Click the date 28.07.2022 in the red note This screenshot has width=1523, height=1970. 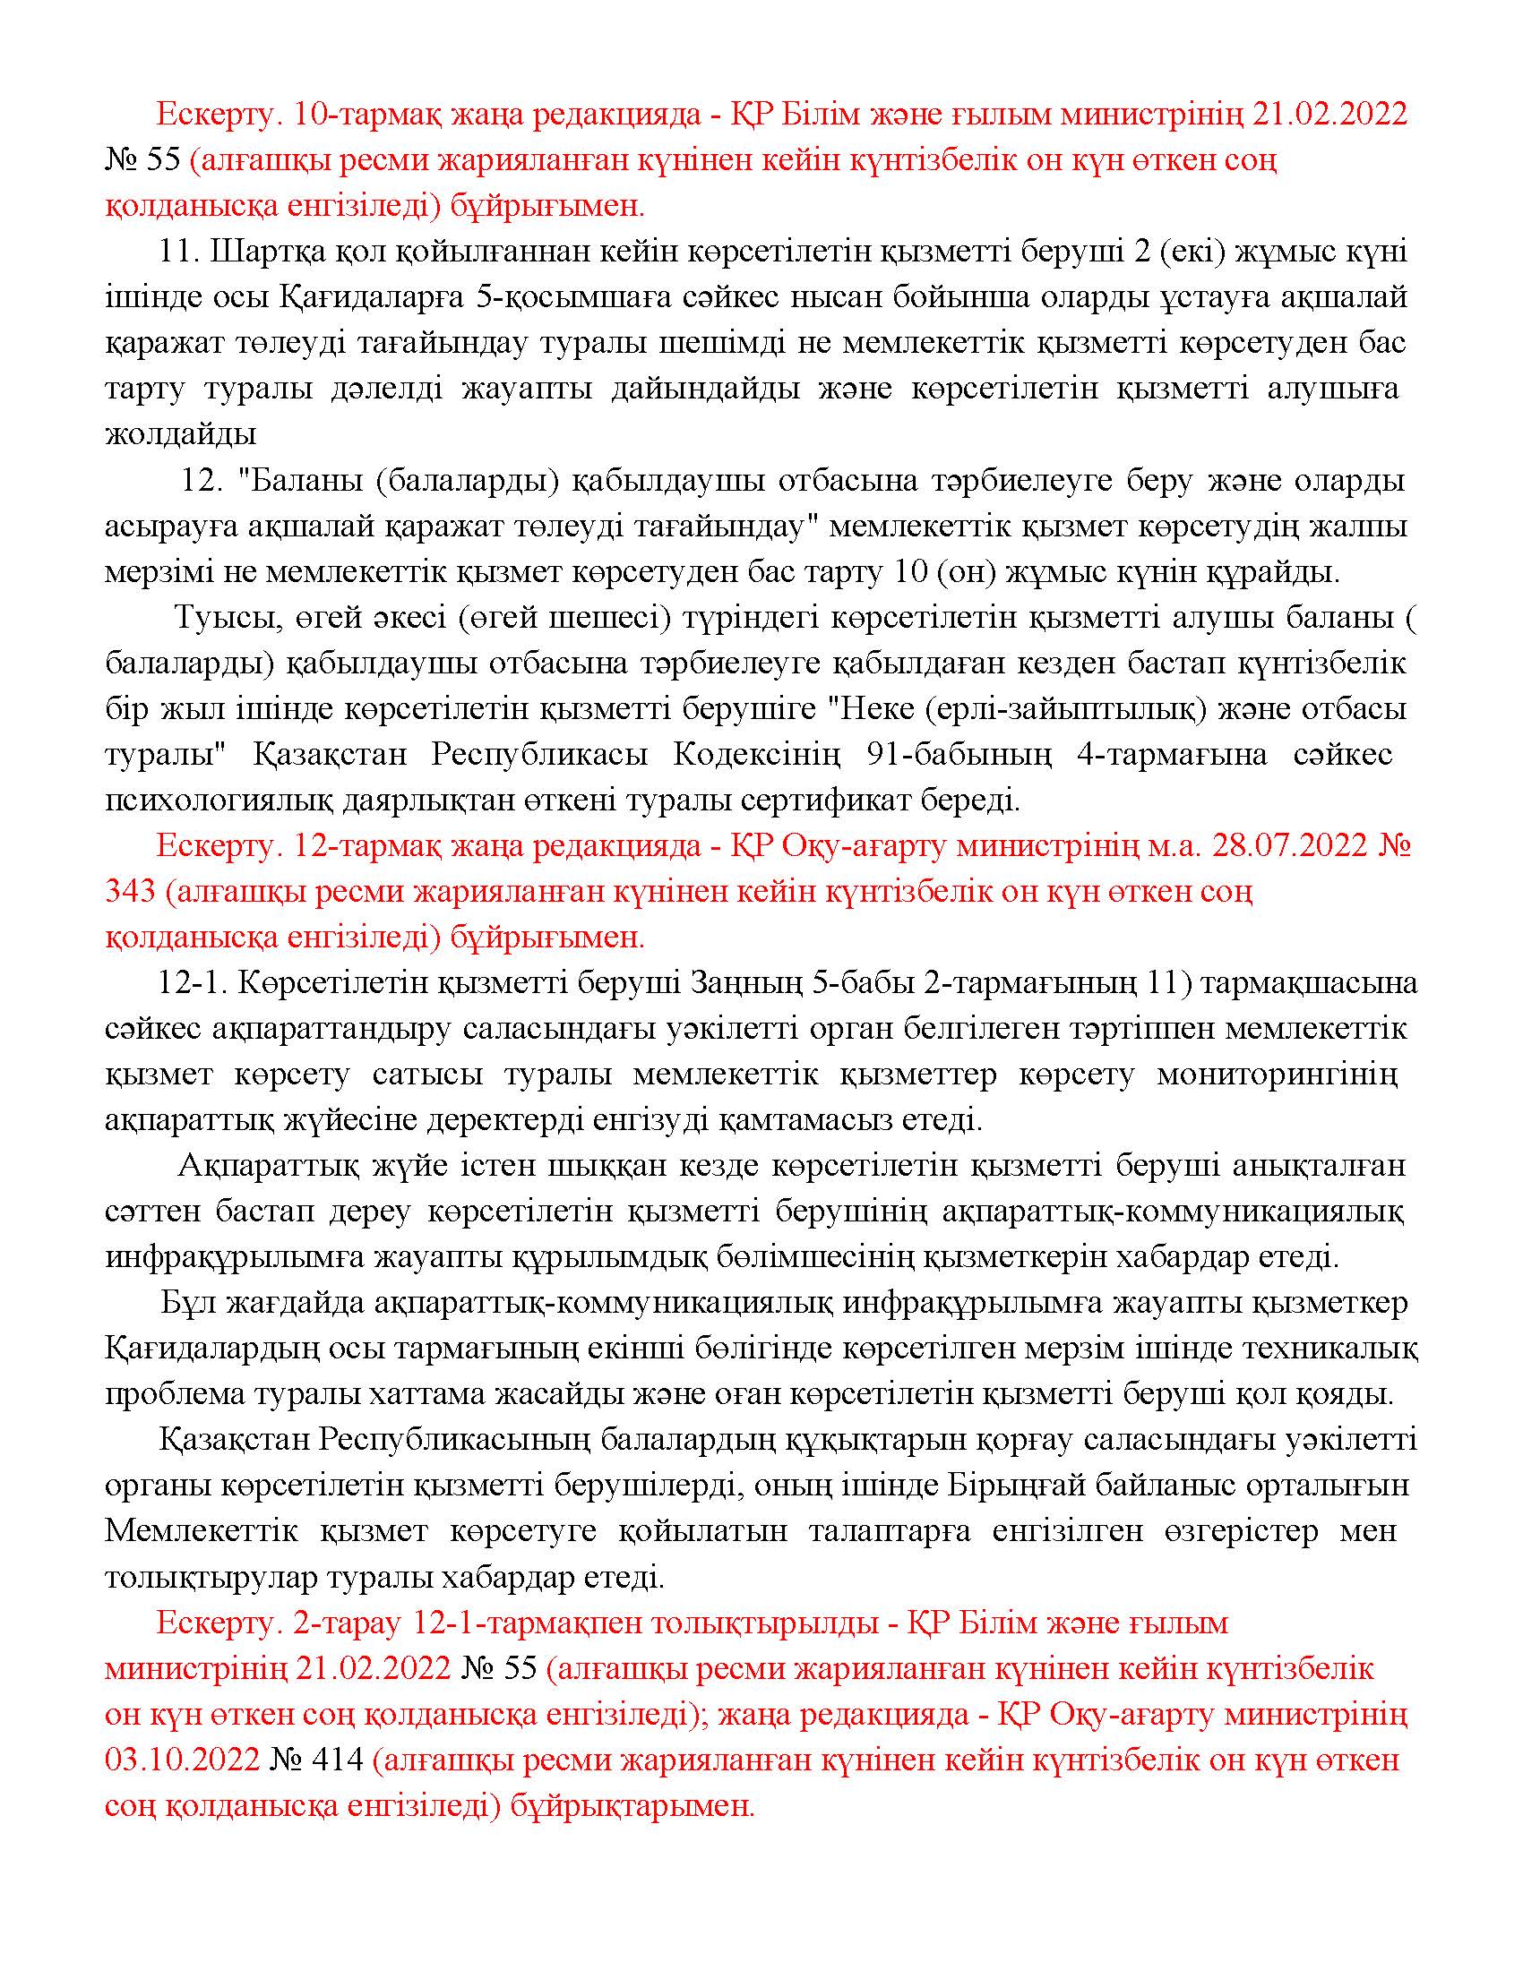tap(1290, 847)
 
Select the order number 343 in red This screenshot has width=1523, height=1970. tap(132, 892)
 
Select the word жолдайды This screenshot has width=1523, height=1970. tap(181, 435)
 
